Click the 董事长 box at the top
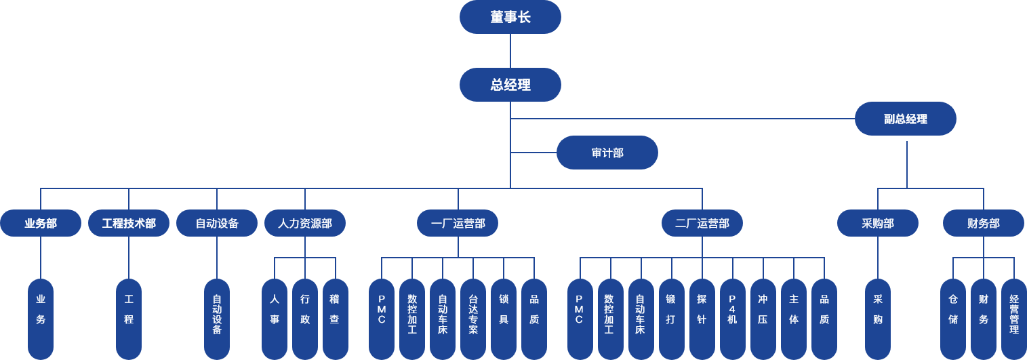pos(510,17)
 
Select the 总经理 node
pos(510,85)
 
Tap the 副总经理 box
pos(905,119)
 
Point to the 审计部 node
pos(607,153)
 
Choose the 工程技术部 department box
pos(129,223)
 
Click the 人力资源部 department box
pos(305,223)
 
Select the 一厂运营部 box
pos(458,223)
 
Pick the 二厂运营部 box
pos(702,223)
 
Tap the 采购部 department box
pos(878,223)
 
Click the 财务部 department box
pos(983,223)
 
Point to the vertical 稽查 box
pos(335,319)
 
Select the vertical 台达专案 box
pos(473,319)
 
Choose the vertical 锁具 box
pos(504,319)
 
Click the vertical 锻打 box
pos(671,319)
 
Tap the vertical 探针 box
pos(702,319)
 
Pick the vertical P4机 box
pos(732,319)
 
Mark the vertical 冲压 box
pos(763,319)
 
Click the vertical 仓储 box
pos(953,319)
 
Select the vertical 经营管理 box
pos(1014,319)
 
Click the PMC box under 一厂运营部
pos(382,319)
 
